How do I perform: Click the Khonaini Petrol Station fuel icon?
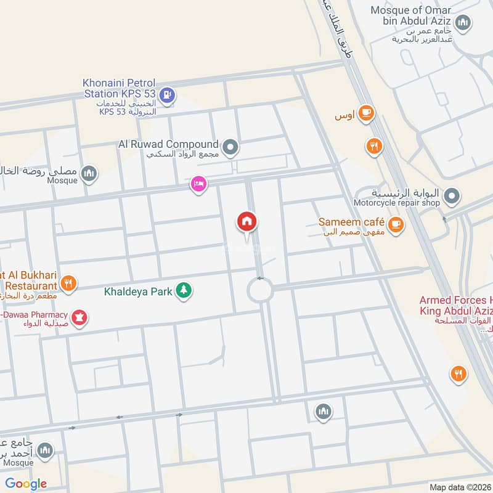pos(166,96)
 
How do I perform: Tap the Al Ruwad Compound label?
pos(168,144)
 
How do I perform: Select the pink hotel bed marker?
pos(198,184)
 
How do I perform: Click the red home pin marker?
pos(247,222)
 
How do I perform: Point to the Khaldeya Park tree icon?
pos(183,290)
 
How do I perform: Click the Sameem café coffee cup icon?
pos(396,225)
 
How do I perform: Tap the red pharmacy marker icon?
pos(79,318)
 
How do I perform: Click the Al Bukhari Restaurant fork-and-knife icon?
pos(70,284)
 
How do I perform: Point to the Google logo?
pos(26,484)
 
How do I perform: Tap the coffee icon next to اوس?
pos(367,113)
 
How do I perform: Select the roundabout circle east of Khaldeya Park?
pos(260,289)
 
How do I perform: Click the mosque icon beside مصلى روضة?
pos(90,174)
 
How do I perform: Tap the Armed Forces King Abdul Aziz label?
pos(456,306)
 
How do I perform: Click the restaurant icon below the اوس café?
pos(373,146)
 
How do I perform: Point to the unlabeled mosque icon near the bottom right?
pos(324,411)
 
